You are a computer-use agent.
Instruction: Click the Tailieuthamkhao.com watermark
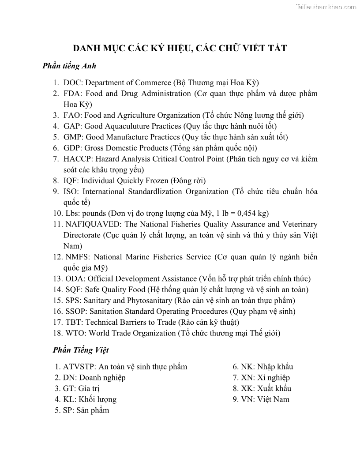coord(326,7)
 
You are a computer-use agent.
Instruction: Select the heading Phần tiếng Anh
coord(69,66)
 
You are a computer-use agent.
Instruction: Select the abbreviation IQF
coord(70,180)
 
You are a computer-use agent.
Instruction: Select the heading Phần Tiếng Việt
coord(81,350)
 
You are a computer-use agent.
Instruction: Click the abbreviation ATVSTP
coord(78,367)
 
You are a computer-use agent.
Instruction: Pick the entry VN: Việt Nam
coord(261,399)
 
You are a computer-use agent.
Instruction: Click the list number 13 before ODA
coord(57,278)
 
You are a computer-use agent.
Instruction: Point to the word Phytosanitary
coord(146,301)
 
